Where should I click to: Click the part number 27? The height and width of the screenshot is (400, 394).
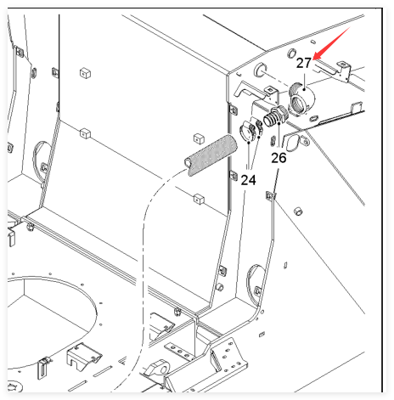coord(304,63)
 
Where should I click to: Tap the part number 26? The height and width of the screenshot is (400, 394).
coord(279,158)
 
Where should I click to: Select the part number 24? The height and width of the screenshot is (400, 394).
coord(248,180)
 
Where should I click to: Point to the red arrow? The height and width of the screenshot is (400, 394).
coord(331,43)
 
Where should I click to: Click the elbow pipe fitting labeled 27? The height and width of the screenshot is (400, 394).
coord(301,98)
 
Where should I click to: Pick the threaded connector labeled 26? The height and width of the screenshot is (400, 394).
coord(276,116)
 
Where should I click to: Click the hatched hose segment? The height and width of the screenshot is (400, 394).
coord(211,155)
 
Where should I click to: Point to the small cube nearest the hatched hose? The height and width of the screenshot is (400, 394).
coord(199,138)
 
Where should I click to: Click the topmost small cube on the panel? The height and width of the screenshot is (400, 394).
coord(85,73)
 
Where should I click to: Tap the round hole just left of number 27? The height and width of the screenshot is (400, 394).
coord(291,54)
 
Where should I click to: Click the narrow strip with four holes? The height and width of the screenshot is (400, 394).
coord(179,352)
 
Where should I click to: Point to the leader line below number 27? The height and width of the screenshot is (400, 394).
coord(304,82)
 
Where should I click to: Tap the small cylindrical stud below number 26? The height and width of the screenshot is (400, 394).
coord(297,211)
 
